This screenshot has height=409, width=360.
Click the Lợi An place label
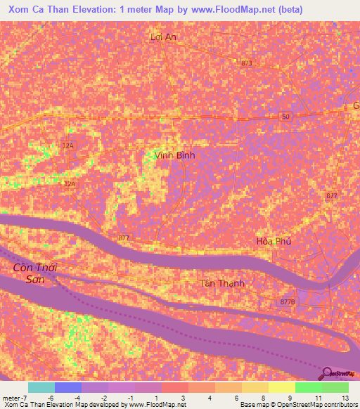pos(164,37)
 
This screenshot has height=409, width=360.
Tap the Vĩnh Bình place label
pos(174,155)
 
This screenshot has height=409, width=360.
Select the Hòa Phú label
pos(274,241)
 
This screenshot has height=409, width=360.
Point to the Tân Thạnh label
pos(224,283)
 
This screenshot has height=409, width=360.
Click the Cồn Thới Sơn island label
pos(35,273)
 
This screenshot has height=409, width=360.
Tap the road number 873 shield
pos(246,63)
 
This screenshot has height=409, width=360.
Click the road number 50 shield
pos(285,117)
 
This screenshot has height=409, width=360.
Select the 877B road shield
pos(287,301)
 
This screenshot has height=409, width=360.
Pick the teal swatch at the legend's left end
pos(41,387)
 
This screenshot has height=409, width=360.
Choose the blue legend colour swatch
pos(68,387)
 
